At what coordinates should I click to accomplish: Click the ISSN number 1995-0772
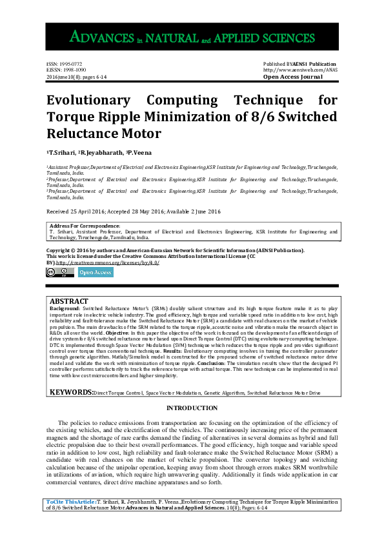tap(64, 64)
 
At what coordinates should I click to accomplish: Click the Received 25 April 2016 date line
tap(134, 212)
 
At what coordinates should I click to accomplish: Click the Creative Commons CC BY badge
tap(59, 272)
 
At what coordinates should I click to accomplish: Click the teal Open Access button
tap(95, 272)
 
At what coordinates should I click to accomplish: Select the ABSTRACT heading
tap(69, 301)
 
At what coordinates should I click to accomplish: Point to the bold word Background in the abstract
tap(65, 309)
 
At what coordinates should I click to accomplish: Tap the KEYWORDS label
tap(71, 392)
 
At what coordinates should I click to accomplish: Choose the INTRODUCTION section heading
tap(192, 408)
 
